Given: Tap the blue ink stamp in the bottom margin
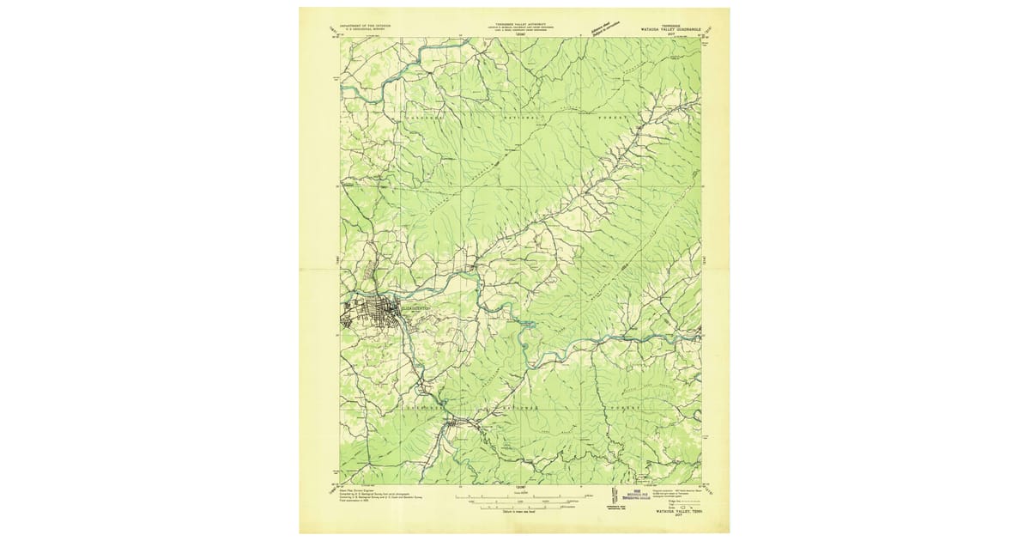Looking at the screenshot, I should (x=637, y=496).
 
